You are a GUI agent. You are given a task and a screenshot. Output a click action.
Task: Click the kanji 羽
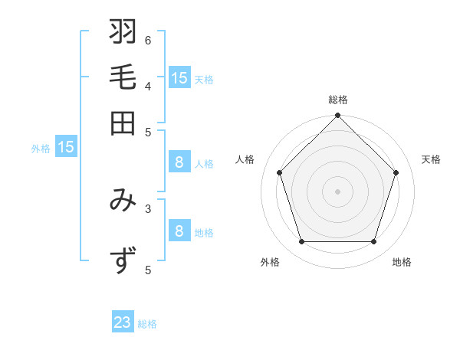(x=123, y=33)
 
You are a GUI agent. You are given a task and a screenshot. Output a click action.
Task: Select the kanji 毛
(x=123, y=78)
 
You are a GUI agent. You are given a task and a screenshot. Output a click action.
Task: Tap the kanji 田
(x=123, y=123)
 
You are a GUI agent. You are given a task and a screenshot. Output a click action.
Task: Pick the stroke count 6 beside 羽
(x=148, y=40)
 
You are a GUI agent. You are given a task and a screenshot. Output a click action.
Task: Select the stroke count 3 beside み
(x=148, y=208)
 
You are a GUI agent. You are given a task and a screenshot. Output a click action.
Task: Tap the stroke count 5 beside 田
(x=148, y=131)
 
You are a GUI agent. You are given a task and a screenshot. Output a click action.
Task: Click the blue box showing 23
(x=123, y=322)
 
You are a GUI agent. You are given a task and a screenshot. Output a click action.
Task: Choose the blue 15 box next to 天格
(x=179, y=77)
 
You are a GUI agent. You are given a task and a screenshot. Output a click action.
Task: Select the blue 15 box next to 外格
(x=66, y=147)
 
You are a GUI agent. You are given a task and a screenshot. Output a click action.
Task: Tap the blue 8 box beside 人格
(x=179, y=162)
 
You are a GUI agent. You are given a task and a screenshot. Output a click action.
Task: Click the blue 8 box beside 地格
(x=179, y=231)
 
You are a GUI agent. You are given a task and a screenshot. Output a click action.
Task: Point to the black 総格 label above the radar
(x=338, y=100)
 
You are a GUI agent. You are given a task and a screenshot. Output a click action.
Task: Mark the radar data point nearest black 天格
(x=396, y=172)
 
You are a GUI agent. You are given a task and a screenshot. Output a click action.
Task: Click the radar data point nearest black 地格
(x=374, y=241)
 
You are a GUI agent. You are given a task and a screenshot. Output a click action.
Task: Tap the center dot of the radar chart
(x=338, y=191)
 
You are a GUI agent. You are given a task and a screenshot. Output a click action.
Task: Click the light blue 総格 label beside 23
(x=147, y=324)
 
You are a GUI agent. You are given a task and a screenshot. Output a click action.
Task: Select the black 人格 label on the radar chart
(x=245, y=159)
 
